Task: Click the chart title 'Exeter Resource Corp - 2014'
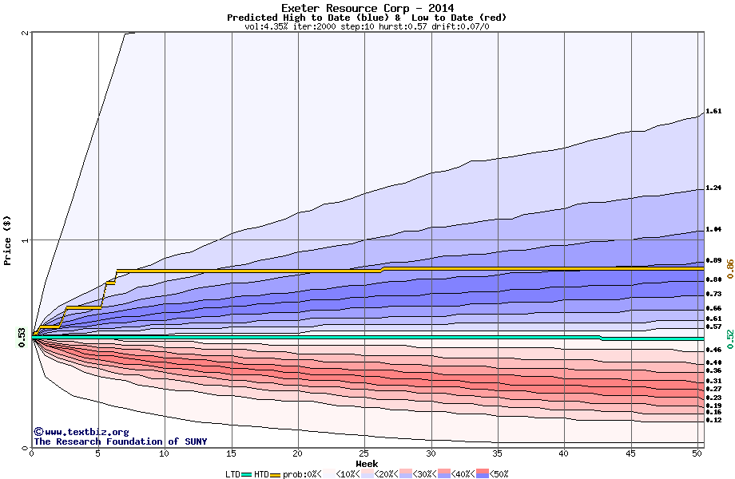pyautogui.click(x=367, y=8)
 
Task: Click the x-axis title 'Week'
pyautogui.click(x=367, y=463)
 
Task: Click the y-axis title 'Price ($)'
pyautogui.click(x=8, y=240)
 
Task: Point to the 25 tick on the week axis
pyautogui.click(x=364, y=453)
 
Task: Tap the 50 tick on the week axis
pyautogui.click(x=697, y=453)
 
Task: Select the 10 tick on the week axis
pyautogui.click(x=165, y=453)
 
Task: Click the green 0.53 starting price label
pyautogui.click(x=22, y=338)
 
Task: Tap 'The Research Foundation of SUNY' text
pyautogui.click(x=120, y=441)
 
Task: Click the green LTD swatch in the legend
pyautogui.click(x=247, y=473)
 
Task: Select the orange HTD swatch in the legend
pyautogui.click(x=276, y=473)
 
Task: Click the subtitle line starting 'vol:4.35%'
pyautogui.click(x=367, y=26)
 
